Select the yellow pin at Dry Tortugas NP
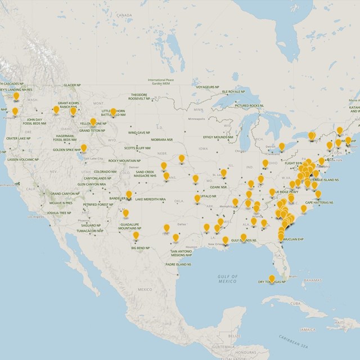pos(272,277)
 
